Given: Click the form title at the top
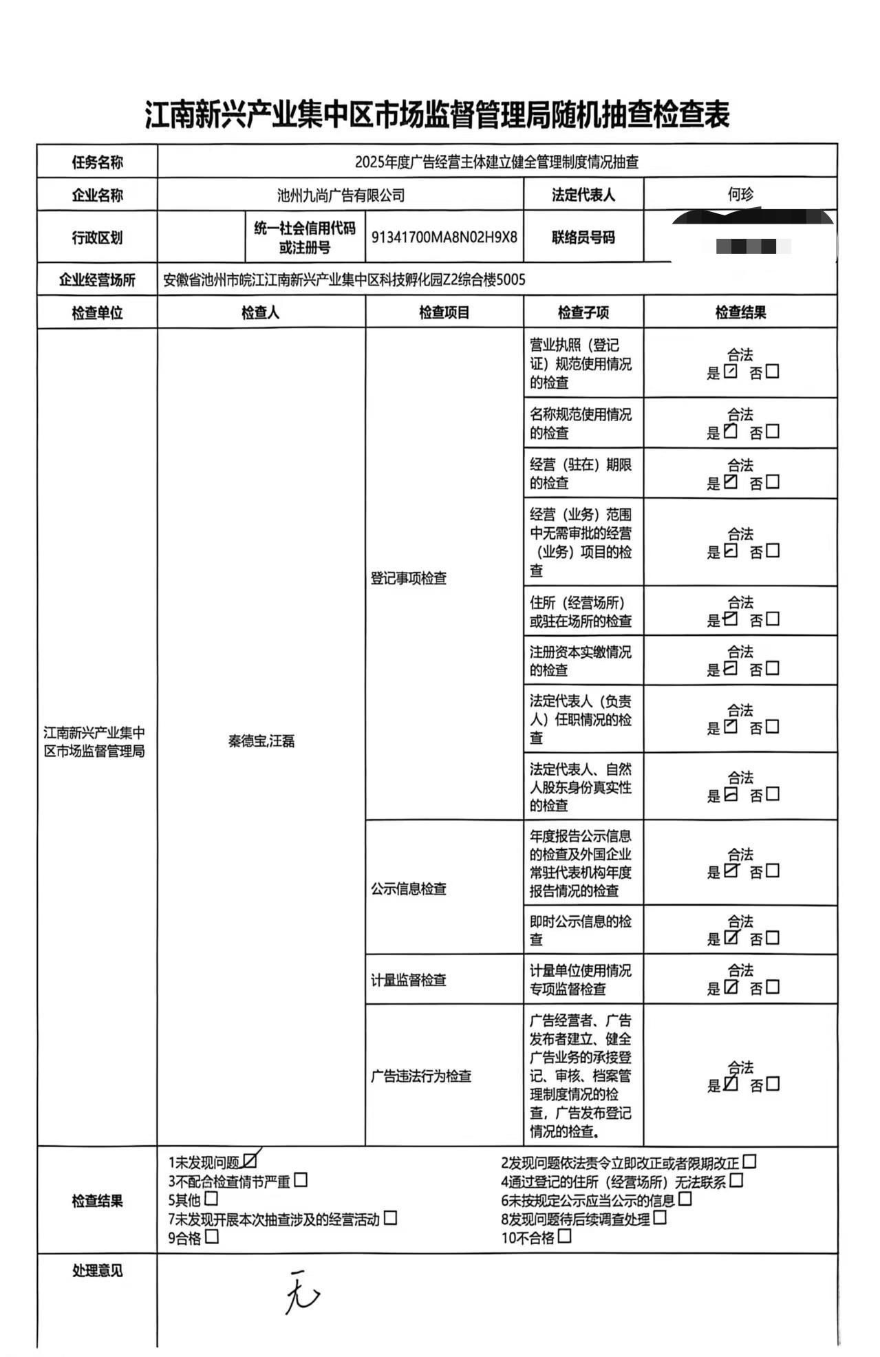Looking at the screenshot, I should pos(438,115).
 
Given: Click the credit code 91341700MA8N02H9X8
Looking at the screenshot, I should pos(444,237).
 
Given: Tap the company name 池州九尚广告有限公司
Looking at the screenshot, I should pos(341,195).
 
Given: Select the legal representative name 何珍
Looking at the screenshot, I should pos(740,195).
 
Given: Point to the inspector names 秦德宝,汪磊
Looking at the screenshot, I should pos(261,741).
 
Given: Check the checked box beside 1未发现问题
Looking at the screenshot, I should pos(250,1161).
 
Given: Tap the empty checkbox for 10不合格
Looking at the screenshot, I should pos(564,1236).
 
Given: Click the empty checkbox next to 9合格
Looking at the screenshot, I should pos(212,1237).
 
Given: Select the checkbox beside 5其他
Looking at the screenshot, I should pos(211,1199).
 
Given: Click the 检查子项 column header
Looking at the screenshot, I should pos(583,313).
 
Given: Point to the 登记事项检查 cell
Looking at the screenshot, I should pos(409,578).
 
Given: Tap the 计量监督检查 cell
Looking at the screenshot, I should pos(409,980).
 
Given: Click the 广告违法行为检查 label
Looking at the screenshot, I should pos(421,1076).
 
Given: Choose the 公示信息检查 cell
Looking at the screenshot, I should pos(409,889).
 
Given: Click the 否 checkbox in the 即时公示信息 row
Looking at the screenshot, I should pos(773,938).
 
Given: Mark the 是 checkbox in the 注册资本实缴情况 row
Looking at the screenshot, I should pos(731,668).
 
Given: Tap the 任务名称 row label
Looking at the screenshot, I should pos(97,163).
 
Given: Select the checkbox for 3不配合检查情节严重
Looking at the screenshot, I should pos(301,1180).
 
